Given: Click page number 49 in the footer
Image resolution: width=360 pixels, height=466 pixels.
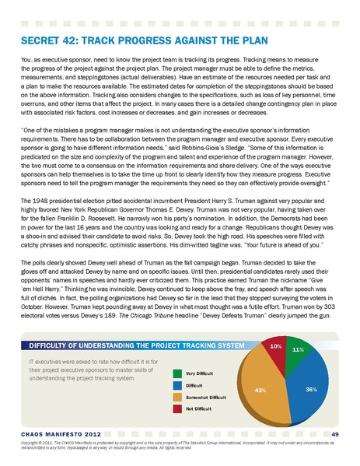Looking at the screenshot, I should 334,433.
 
